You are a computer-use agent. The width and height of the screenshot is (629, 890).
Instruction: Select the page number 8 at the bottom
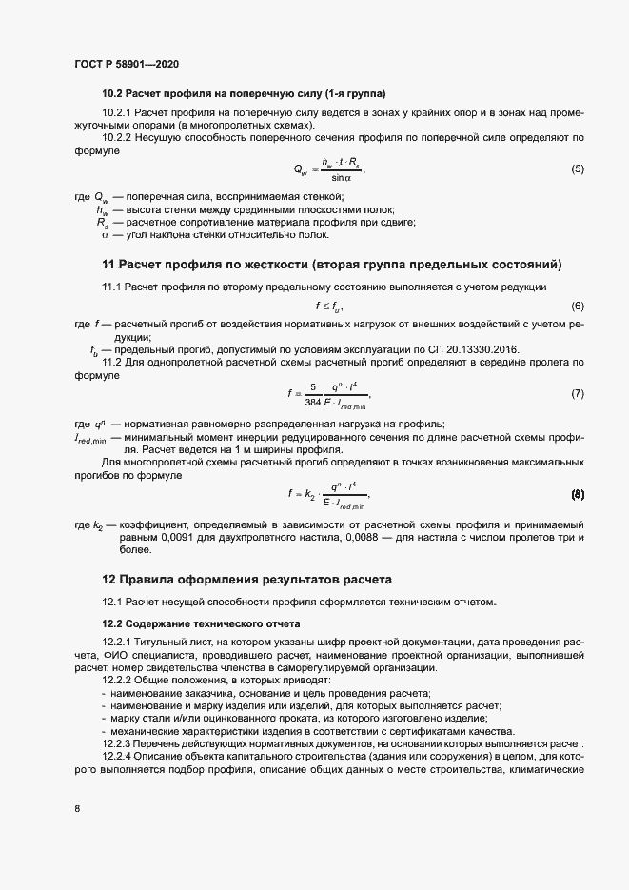tap(76, 809)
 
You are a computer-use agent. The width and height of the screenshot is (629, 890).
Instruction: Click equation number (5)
tap(577, 168)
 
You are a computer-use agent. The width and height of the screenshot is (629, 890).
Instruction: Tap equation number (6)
tap(577, 306)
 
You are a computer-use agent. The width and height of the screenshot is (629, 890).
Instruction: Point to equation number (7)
tap(577, 393)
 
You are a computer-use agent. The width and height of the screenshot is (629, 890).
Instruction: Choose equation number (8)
tap(577, 494)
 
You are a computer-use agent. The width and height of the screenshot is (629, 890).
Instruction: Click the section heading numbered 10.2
tap(244, 94)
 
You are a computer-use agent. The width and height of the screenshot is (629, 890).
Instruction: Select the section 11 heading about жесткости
tap(332, 264)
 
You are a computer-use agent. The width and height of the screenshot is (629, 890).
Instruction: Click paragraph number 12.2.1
tap(121, 641)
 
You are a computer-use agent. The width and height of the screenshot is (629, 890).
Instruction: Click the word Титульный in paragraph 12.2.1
tap(168, 641)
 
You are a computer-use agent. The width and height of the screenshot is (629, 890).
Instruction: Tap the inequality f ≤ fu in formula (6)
tap(327, 306)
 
